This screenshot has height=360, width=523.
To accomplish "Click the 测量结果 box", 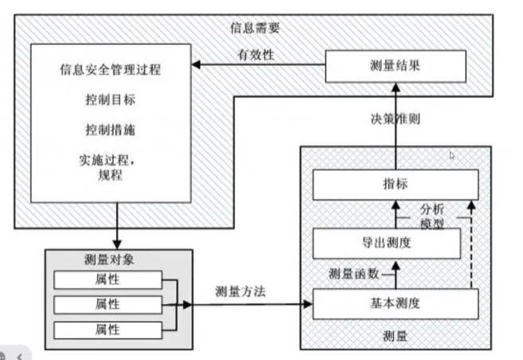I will pos(395,65).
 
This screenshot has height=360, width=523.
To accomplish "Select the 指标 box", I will pos(396,184).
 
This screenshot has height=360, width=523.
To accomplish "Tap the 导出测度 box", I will pos(386,243).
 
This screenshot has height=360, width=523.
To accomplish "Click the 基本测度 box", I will pos(396,303).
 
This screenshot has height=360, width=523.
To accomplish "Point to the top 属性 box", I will pos(107,280).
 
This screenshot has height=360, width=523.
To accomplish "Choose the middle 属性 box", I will pos(107,304).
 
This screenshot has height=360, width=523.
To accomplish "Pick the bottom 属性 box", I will pos(107,329).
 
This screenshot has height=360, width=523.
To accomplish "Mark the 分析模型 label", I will pos(436,216).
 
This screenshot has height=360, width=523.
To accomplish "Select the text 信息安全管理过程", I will pos(110,69).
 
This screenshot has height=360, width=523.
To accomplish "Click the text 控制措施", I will pos(110,129).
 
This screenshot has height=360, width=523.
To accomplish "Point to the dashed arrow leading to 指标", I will pos(471,247).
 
